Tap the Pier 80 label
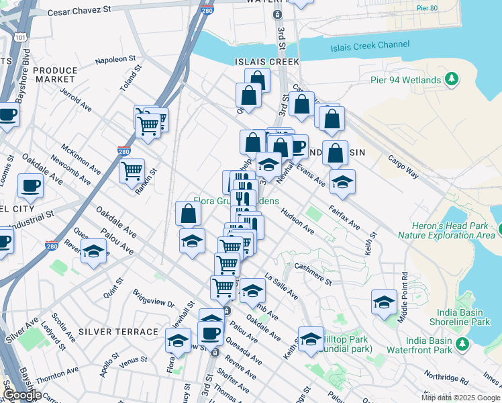(444, 9)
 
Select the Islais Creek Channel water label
(370, 45)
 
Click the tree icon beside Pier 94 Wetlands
(452, 80)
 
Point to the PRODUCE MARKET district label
(55, 75)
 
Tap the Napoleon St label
(115, 60)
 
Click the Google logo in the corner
(22, 395)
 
